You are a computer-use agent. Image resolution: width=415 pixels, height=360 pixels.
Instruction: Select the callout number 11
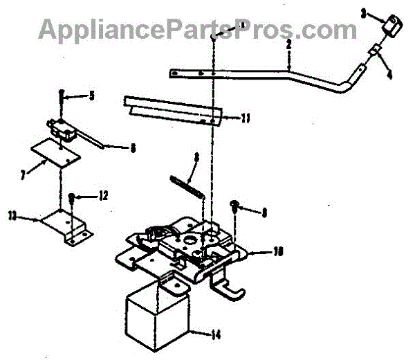[x=246, y=118]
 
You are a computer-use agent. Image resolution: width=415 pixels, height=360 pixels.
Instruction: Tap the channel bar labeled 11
[x=173, y=109]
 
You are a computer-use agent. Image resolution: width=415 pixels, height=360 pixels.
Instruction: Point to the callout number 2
[x=288, y=44]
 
